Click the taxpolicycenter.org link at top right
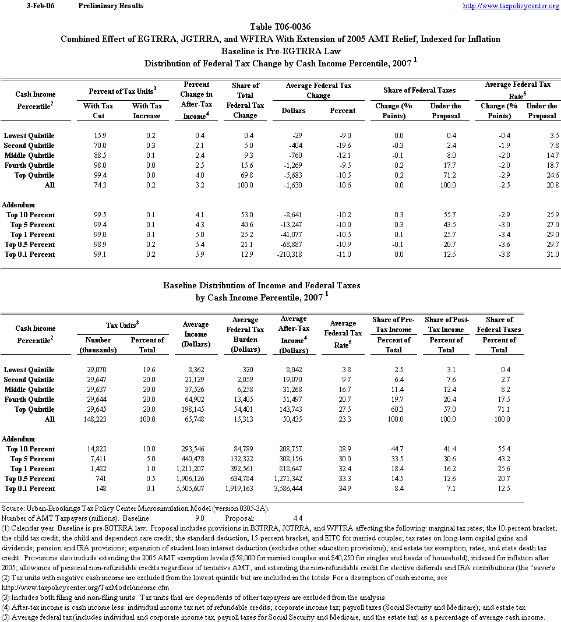pos(510,6)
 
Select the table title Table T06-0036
pos(280,27)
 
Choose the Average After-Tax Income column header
pos(294,335)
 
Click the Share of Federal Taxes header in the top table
pos(419,90)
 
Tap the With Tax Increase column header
pos(147,111)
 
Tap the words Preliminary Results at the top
pos(110,6)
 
